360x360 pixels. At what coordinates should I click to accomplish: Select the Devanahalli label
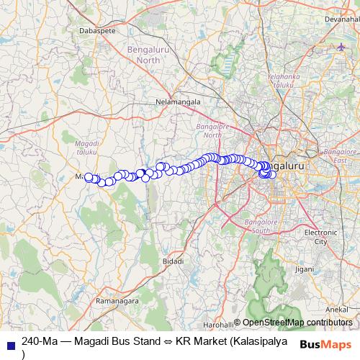340,19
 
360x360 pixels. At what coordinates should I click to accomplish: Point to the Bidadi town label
173,261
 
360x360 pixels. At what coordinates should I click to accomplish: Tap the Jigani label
305,269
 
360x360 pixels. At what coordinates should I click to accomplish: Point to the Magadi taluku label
87,148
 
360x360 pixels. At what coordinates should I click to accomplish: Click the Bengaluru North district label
143,55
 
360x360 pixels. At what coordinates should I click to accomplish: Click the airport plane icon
341,48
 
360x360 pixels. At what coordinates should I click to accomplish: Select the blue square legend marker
10,346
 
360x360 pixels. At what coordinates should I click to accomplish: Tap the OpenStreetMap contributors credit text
297,323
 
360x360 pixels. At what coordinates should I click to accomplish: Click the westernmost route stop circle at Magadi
89,176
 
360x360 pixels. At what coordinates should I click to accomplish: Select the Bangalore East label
336,156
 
